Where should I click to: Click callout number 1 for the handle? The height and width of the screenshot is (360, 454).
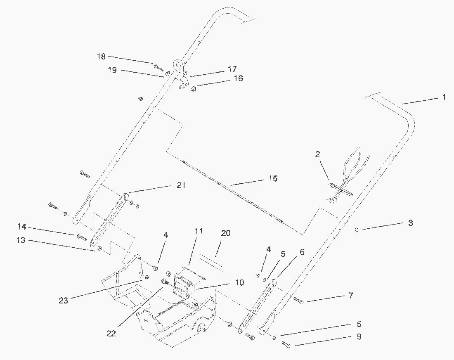444,98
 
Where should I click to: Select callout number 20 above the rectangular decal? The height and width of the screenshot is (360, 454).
225,233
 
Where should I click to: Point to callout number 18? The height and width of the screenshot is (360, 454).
102,57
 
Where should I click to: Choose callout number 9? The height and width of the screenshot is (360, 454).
359,336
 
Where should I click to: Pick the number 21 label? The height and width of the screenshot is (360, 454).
180,185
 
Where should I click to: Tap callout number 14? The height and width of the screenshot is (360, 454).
22,226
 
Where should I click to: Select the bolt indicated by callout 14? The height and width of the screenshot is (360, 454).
81,237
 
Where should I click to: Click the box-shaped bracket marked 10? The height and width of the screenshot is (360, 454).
182,284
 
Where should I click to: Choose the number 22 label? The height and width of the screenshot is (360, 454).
111,333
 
